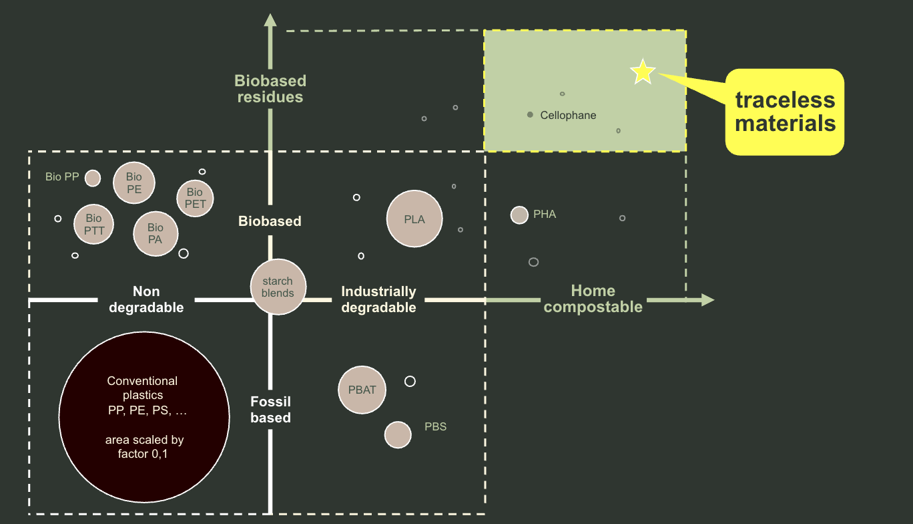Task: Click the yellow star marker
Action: click(643, 72)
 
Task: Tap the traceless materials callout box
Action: click(785, 112)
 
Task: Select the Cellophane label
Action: click(568, 115)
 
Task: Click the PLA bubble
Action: click(414, 219)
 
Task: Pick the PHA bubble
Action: click(519, 215)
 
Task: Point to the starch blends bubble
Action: click(278, 287)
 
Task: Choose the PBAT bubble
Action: click(362, 390)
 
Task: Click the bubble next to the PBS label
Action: click(398, 434)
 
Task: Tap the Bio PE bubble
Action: click(134, 182)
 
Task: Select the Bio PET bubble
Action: click(195, 199)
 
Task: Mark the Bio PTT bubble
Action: click(94, 224)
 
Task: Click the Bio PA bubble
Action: click(156, 234)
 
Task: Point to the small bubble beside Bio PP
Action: click(93, 178)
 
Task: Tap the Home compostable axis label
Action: click(593, 299)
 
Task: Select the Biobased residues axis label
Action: click(270, 89)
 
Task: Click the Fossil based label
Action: click(270, 410)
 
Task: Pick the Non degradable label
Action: click(146, 299)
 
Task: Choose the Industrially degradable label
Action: click(378, 299)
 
